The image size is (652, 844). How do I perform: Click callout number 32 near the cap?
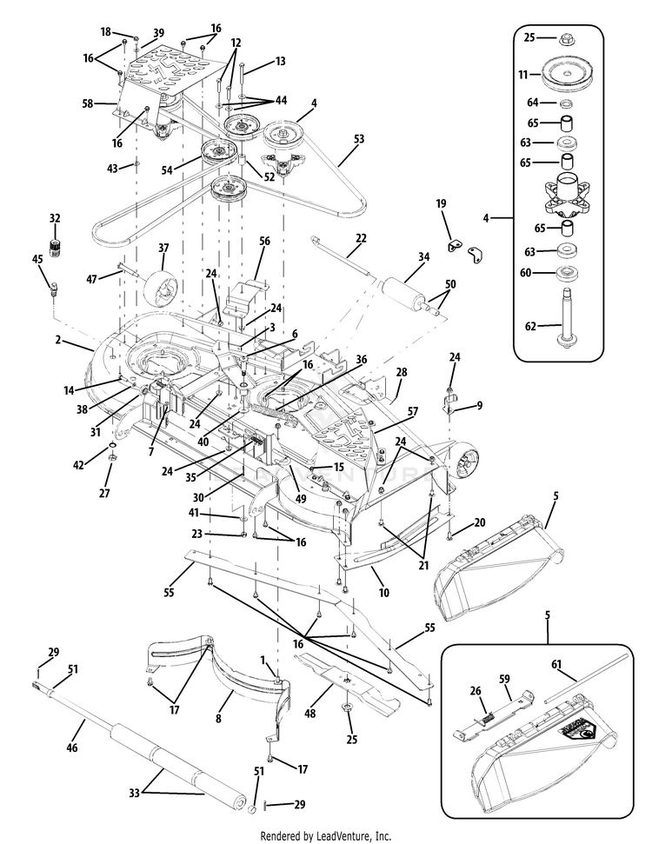coord(55,218)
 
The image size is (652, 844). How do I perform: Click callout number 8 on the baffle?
coord(218,719)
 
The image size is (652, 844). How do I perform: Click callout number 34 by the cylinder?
coord(423,256)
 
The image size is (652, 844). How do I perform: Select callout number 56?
coord(265,241)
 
